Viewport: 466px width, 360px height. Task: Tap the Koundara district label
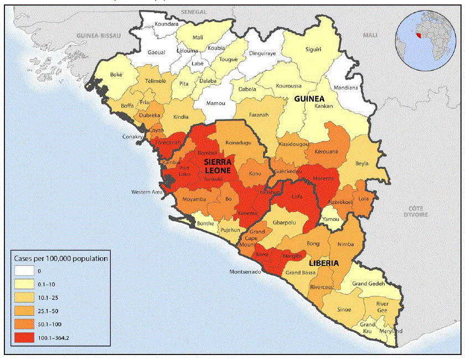(167, 24)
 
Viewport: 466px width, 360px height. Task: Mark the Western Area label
(146, 192)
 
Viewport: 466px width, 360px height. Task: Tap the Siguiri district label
(313, 49)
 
